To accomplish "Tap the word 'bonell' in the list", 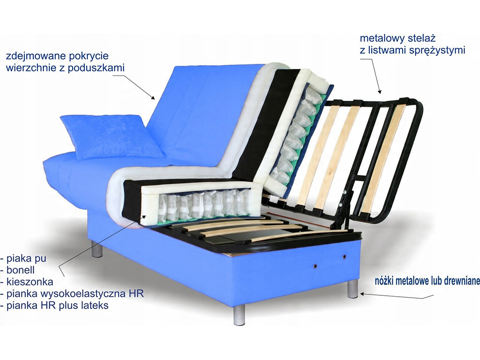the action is click(x=21, y=270).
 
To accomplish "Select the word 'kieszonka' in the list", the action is click(x=30, y=282).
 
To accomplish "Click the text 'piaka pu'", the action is click(x=26, y=259).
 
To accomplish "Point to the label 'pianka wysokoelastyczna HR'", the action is click(x=75, y=293).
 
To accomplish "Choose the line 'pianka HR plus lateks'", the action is click(x=58, y=305).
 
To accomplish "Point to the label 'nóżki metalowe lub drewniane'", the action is click(x=427, y=281).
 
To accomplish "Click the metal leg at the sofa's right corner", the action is click(x=353, y=288).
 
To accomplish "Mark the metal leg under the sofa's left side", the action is click(x=97, y=249).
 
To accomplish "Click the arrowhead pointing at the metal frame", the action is click(x=380, y=91).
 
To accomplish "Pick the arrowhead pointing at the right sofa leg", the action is click(x=363, y=294).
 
